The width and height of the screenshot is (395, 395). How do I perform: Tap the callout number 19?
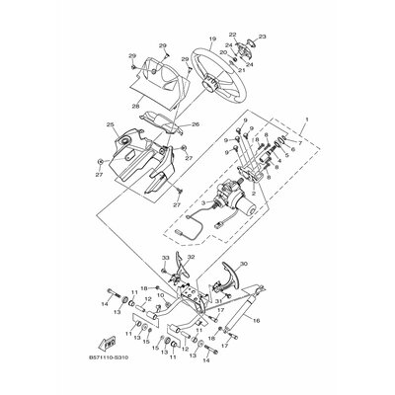pyautogui.click(x=210, y=39)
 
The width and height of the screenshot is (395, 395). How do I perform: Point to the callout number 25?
pyautogui.click(x=111, y=125)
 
